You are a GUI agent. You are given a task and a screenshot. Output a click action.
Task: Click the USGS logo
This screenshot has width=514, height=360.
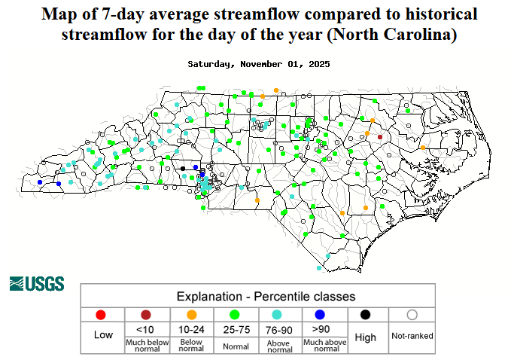point(37,284)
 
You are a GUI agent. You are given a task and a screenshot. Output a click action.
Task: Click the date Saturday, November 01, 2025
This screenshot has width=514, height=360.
point(257,64)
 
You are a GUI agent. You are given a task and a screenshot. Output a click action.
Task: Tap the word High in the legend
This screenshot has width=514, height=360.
point(365,337)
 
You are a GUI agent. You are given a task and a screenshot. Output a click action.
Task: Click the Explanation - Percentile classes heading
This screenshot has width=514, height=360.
point(266,296)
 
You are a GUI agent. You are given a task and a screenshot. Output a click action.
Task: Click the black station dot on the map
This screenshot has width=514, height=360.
point(182,168)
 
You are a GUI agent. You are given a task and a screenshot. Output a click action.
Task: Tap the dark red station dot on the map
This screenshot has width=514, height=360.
point(380,137)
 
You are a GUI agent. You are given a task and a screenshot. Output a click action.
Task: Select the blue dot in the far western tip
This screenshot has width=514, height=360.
point(39,182)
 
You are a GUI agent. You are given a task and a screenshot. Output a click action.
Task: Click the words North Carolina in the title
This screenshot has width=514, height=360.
point(402,35)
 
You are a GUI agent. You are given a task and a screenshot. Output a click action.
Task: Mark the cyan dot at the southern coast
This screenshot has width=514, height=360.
point(319,267)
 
